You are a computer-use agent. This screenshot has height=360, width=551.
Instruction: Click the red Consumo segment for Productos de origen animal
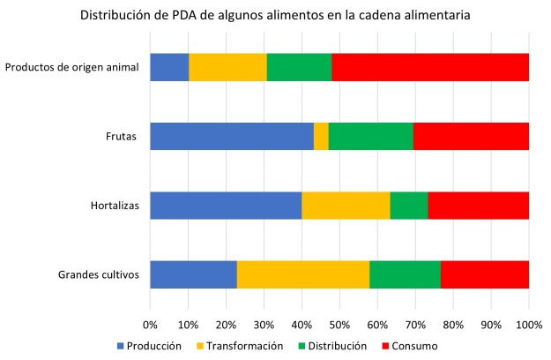(x=430, y=67)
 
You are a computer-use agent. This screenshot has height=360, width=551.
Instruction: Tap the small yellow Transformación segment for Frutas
(x=322, y=136)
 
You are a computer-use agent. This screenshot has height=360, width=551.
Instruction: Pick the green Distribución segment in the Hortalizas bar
(x=409, y=205)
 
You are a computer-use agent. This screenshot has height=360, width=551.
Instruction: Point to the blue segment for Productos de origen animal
(x=169, y=67)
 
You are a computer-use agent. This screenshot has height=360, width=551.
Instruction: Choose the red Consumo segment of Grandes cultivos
(x=485, y=274)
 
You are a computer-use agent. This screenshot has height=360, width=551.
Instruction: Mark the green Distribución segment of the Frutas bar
(x=370, y=136)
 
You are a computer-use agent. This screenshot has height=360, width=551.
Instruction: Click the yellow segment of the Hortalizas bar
(x=346, y=205)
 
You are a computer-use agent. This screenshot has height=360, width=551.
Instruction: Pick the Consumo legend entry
(x=411, y=345)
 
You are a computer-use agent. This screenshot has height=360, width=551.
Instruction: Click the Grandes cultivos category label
(x=99, y=274)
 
